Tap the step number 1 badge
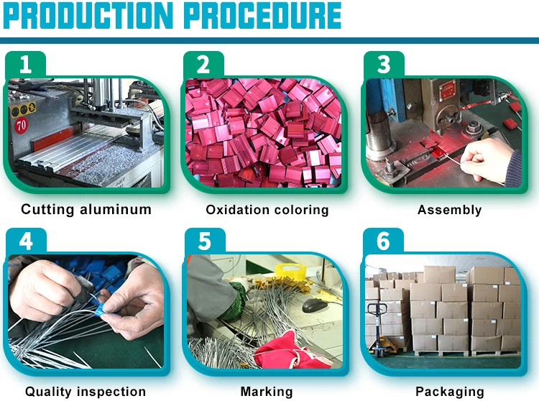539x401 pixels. coord(26,65)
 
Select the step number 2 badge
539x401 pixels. coord(204,65)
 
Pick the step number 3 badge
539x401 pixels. coord(383,65)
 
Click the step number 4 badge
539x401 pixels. coord(26,241)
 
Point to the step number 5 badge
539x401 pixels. coord(204,241)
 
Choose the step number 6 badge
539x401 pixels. coord(383,241)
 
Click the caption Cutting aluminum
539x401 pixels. coord(86,210)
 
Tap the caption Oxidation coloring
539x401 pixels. coord(267,210)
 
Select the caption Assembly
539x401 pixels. coord(449,210)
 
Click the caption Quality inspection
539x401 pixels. coord(86,392)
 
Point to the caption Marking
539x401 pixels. coord(267,392)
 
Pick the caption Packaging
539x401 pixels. coord(450,392)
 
